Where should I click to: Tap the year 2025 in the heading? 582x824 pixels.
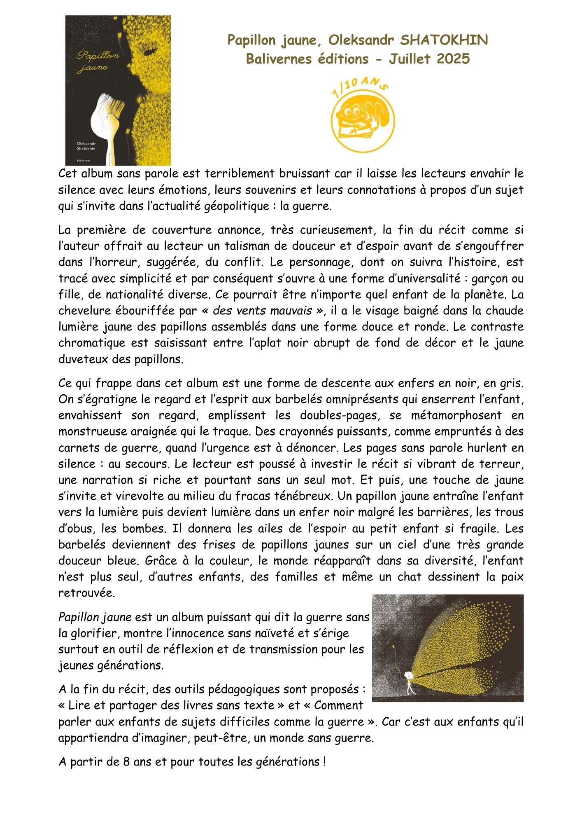coord(453,59)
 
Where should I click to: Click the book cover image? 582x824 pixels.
coord(118,90)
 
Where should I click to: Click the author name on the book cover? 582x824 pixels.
coord(86,146)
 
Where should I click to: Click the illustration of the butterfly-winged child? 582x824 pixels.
coord(447,648)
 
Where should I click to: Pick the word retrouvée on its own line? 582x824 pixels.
coord(86,593)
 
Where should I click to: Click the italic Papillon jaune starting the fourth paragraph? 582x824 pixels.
coord(95,617)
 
